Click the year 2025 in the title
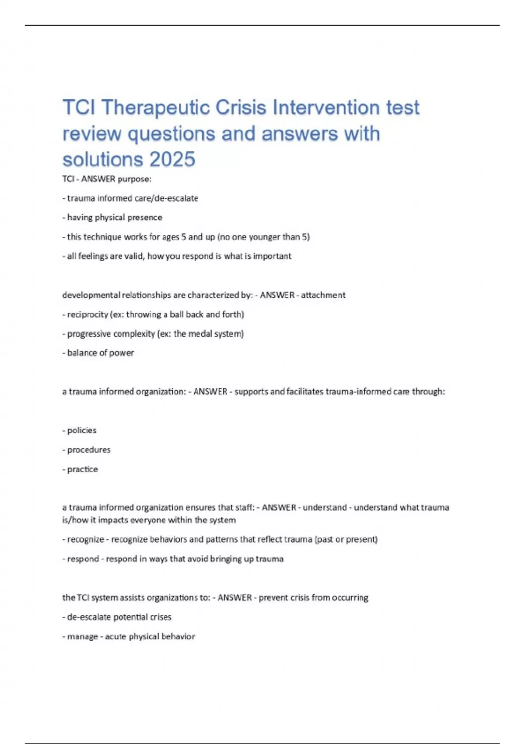tap(172, 159)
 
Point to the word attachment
tap(323, 295)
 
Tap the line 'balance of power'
tap(98, 353)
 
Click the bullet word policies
tap(82, 430)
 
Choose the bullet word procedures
tap(89, 449)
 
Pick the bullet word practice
tap(83, 469)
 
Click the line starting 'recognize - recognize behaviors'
tap(220, 539)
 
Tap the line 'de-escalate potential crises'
tap(117, 617)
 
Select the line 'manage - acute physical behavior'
tap(129, 636)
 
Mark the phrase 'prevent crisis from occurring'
tap(313, 597)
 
